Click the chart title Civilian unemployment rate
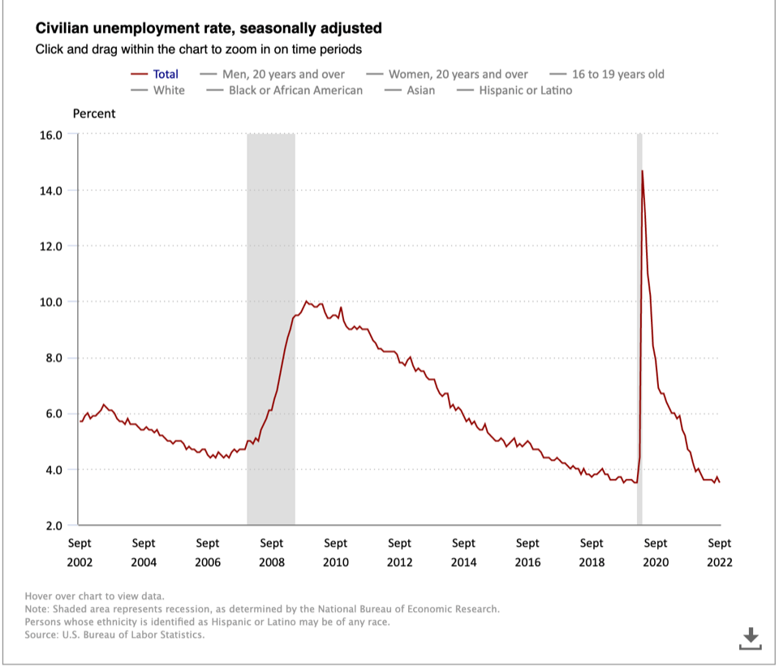[209, 28]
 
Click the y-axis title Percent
[94, 114]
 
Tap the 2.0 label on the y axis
[54, 526]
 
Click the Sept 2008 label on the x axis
[272, 553]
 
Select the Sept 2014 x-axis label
[463, 553]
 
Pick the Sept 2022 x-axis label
[720, 553]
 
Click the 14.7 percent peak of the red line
[643, 171]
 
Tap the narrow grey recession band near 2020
[639, 325]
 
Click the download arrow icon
[751, 638]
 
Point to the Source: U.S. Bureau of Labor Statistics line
[114, 635]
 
